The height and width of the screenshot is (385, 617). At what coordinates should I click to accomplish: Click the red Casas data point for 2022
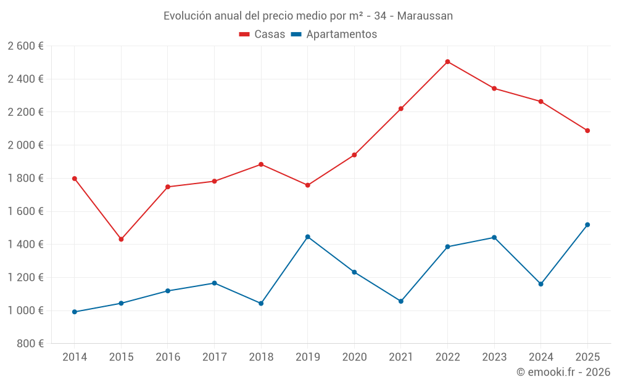coord(447,62)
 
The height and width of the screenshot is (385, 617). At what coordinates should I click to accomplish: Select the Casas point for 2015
coord(121,239)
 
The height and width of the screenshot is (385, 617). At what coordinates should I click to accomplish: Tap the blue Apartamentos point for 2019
coord(308,237)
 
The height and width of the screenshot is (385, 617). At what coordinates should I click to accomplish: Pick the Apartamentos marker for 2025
coord(587,225)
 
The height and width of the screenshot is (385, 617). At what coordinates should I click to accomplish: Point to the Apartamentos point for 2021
coord(401,301)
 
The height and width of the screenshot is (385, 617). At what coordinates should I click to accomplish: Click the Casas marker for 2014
coord(75,179)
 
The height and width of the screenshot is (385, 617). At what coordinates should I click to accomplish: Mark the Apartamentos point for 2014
coord(75,312)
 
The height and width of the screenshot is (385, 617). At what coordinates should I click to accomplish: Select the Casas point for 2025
coord(587,131)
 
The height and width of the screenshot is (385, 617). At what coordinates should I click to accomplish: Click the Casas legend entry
coord(262,34)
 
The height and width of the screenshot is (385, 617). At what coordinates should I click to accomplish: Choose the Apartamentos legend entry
coord(334,34)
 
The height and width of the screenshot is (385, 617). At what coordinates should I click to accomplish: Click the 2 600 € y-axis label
coord(25,46)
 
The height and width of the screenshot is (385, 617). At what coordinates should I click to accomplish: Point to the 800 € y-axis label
coord(29,344)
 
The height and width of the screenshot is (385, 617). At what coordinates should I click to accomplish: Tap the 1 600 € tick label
coord(25,211)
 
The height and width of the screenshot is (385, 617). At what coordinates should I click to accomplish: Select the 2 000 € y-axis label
coord(25,145)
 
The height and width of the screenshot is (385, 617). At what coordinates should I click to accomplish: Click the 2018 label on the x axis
coord(261,357)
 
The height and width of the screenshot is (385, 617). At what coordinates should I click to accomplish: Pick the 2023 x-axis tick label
coord(494,357)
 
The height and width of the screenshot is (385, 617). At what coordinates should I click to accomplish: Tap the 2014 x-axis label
coord(75,357)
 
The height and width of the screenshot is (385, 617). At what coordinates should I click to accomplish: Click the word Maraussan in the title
coord(425,16)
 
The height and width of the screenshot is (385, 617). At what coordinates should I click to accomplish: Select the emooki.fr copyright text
coord(563,372)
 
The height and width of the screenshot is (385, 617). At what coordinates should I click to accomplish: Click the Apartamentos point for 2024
coord(540,284)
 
